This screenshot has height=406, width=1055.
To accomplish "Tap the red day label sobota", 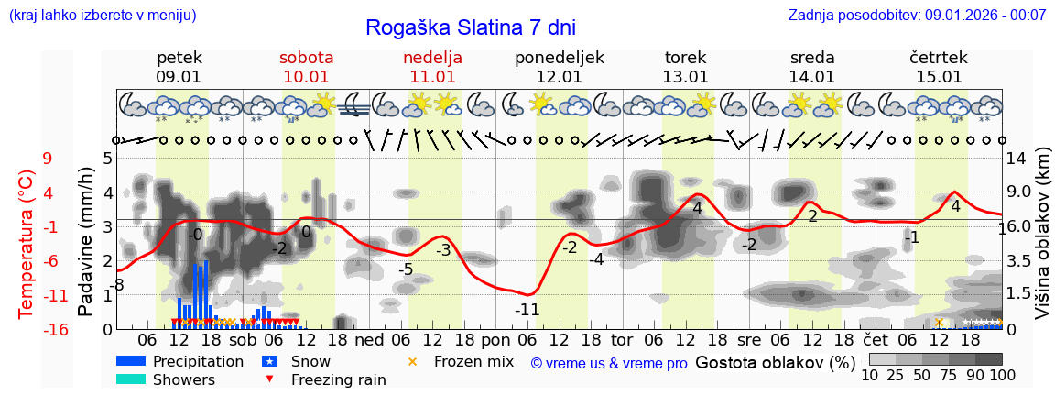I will tap(306, 58).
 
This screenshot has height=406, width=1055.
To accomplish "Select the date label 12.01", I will tap(560, 77).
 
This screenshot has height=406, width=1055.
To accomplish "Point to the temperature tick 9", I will tap(48, 159).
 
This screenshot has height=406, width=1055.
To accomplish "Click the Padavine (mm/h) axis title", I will tap(86, 242).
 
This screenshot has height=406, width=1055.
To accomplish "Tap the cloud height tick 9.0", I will tap(1020, 192).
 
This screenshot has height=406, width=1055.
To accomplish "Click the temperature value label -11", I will tap(527, 310).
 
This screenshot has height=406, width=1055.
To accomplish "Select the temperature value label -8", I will tap(117, 286).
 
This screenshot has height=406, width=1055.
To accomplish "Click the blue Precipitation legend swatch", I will tap(131, 361).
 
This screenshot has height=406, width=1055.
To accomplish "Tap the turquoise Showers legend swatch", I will tap(131, 379).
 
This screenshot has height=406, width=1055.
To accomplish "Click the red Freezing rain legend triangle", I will tap(270, 379).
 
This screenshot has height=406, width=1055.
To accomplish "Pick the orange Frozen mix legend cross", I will tap(411, 361).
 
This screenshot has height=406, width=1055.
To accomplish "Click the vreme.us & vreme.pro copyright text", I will tap(609, 364).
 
